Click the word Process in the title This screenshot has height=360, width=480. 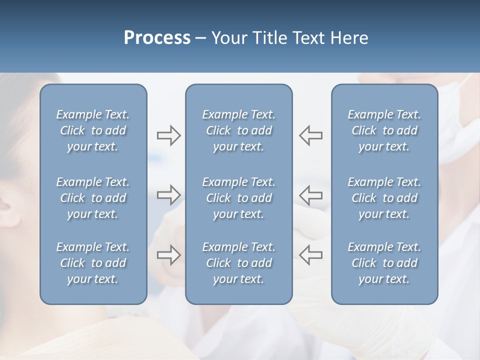157,38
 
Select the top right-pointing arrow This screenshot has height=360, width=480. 168,135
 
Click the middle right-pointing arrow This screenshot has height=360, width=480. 168,195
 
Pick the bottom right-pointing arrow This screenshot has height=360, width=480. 168,255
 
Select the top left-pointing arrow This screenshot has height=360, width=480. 310,135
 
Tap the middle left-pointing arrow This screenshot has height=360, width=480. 310,195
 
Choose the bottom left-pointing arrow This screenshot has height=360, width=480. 310,255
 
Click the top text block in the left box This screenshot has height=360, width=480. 93,130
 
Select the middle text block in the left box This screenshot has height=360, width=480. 93,198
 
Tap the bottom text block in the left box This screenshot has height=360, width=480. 93,263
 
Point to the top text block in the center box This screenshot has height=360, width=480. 238,130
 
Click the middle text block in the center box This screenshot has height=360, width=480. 238,198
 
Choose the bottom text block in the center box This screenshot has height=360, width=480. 238,263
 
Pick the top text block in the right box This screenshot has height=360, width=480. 384,130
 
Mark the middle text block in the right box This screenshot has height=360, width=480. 384,198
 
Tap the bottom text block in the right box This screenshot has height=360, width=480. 384,263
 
